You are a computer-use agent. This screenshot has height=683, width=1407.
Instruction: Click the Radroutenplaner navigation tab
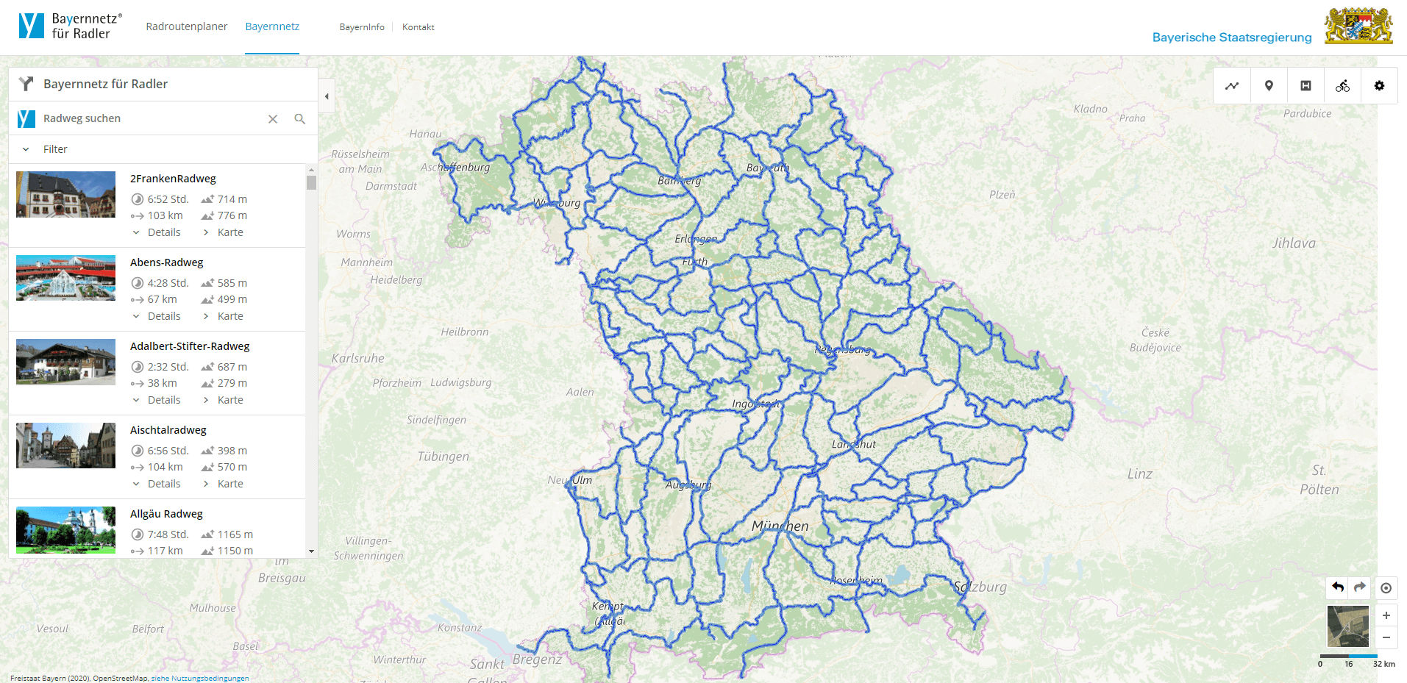186,26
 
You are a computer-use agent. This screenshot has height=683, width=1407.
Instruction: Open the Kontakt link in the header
418,27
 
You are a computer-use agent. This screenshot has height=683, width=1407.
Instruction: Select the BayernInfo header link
362,27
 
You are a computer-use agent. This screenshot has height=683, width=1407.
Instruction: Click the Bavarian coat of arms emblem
1358,26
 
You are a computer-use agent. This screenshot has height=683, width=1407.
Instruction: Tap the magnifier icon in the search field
299,118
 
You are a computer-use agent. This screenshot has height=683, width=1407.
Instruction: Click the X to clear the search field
273,118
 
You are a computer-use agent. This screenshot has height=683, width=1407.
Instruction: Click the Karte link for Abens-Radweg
229,316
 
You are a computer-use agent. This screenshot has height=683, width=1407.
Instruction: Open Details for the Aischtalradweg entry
163,484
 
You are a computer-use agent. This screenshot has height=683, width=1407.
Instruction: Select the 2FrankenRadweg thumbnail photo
65,195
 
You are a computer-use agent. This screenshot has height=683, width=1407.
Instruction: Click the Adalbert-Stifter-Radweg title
190,346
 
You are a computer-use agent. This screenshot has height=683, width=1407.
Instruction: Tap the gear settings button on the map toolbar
1379,86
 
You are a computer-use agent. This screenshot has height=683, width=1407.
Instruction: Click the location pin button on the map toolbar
1269,86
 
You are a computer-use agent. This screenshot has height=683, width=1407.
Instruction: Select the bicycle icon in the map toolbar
1342,86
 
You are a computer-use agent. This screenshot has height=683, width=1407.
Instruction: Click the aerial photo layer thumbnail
1347,626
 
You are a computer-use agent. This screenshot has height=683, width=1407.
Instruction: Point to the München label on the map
780,526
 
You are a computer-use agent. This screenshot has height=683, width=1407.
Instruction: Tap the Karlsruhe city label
357,359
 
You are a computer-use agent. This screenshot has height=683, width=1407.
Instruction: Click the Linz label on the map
1139,474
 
